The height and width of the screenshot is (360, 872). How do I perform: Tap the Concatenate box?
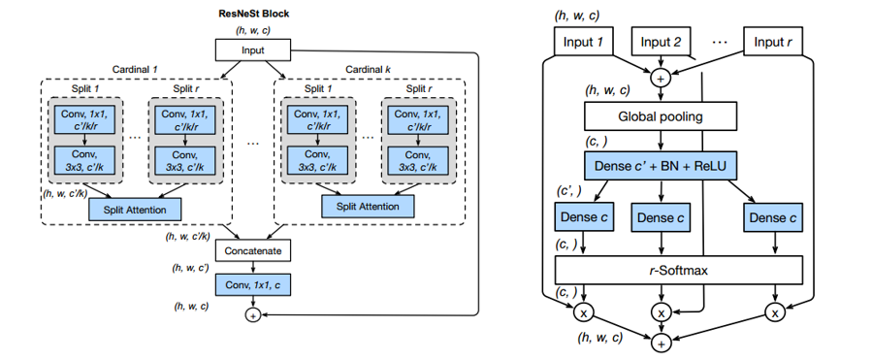pos(252,250)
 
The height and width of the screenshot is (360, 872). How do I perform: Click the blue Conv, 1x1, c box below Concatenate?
pos(252,284)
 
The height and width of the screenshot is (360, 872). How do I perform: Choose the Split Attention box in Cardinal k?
pos(368,206)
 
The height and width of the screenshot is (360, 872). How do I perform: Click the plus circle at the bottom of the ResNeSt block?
pos(252,315)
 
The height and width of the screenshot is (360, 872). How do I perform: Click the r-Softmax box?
pos(679,268)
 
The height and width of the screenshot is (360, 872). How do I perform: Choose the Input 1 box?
pos(586,42)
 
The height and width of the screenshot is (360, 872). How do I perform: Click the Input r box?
pos(777,42)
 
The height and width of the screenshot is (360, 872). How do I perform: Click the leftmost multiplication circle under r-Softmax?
pos(584,313)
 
